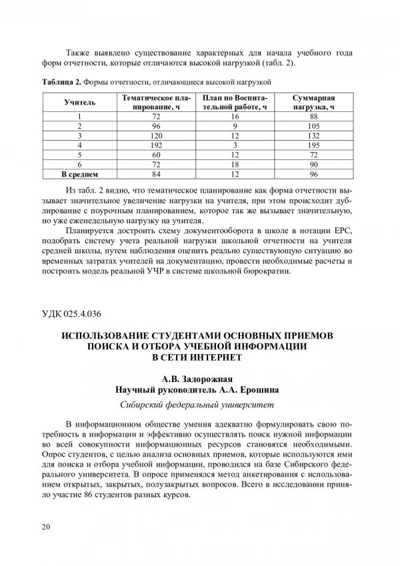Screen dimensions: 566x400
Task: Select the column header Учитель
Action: pyautogui.click(x=79, y=103)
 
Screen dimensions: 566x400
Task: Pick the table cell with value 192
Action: pyautogui.click(x=157, y=145)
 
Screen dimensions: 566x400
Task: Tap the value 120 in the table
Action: pyautogui.click(x=157, y=135)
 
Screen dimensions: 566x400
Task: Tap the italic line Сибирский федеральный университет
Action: pyautogui.click(x=199, y=404)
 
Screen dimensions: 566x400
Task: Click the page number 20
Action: pyautogui.click(x=45, y=527)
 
